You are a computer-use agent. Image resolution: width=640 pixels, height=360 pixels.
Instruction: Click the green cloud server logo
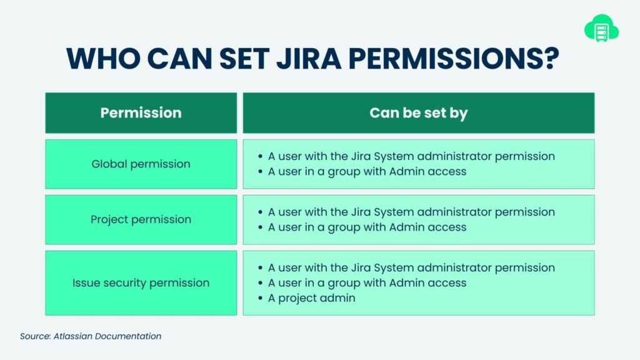tap(601, 28)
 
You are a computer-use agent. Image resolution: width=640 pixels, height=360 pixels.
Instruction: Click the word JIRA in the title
tap(309, 58)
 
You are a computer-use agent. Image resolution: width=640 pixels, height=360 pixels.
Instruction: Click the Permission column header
tap(141, 112)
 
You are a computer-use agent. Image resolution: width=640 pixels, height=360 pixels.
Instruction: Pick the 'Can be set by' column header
tap(418, 113)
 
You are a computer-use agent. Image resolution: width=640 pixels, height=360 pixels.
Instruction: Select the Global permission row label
tap(141, 164)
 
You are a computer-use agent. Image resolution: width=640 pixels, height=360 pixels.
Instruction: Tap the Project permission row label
tap(141, 219)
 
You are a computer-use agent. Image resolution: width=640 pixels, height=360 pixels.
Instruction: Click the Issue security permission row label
tap(141, 283)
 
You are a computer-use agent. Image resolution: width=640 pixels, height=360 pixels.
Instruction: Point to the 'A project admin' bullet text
tap(311, 298)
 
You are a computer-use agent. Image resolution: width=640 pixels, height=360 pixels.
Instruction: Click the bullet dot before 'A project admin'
tap(260, 298)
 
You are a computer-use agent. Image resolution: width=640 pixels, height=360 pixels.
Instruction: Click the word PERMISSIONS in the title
tap(446, 58)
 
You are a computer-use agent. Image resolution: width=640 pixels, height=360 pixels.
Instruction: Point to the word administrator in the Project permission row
tap(454, 212)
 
